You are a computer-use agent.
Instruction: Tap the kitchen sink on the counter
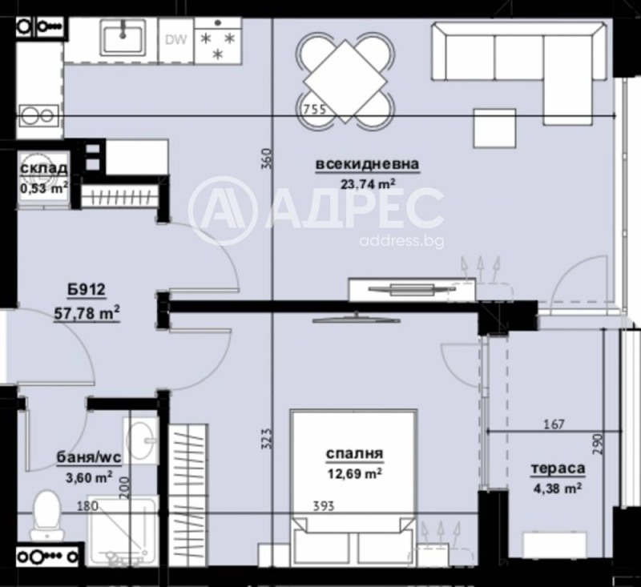click(122, 38)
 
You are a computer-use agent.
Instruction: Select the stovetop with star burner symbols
click(218, 43)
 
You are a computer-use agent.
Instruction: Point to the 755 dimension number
click(313, 110)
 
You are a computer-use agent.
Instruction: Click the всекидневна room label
click(367, 165)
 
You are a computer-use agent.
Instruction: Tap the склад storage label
click(42, 170)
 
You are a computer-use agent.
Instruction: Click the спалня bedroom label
click(354, 455)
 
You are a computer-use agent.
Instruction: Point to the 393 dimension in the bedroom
click(322, 506)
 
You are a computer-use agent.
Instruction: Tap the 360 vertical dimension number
click(267, 159)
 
